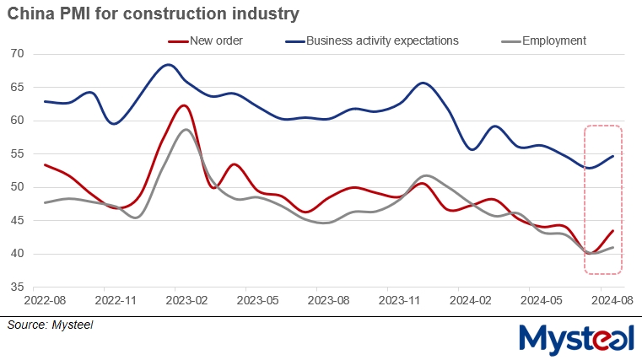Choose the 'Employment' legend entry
click(x=553, y=40)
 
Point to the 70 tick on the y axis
click(x=18, y=54)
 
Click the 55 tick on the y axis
click(x=18, y=153)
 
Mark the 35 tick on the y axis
click(x=18, y=287)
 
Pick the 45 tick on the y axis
click(x=18, y=220)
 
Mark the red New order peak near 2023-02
click(x=183, y=105)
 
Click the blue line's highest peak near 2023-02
click(x=169, y=64)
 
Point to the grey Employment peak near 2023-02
click(x=185, y=129)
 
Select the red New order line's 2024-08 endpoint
click(x=612, y=231)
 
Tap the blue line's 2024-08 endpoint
click(x=612, y=156)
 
